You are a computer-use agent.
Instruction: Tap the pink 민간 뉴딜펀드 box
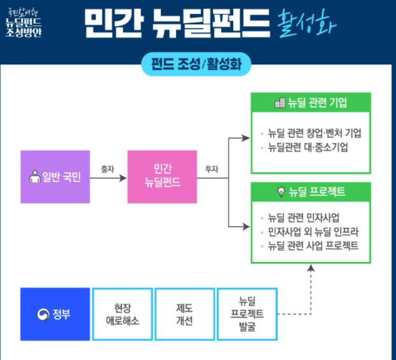tap(162, 176)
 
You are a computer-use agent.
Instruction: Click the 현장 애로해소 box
tap(122, 315)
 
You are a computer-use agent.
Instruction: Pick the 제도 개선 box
tap(184, 315)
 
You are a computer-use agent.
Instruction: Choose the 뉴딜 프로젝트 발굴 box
tap(247, 315)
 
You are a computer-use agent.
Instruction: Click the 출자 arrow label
tap(107, 169)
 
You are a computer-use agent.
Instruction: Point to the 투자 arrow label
tap(212, 169)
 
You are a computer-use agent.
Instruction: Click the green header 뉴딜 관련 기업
tap(311, 103)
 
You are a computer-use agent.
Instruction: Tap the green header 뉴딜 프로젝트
tap(311, 191)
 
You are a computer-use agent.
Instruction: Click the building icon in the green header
tap(280, 103)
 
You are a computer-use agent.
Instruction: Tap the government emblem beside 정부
tap(43, 315)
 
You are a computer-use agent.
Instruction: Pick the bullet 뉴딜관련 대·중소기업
tap(308, 148)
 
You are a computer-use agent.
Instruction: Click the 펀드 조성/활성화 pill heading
tap(198, 64)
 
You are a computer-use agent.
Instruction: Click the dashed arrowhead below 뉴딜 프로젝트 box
tap(311, 269)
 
